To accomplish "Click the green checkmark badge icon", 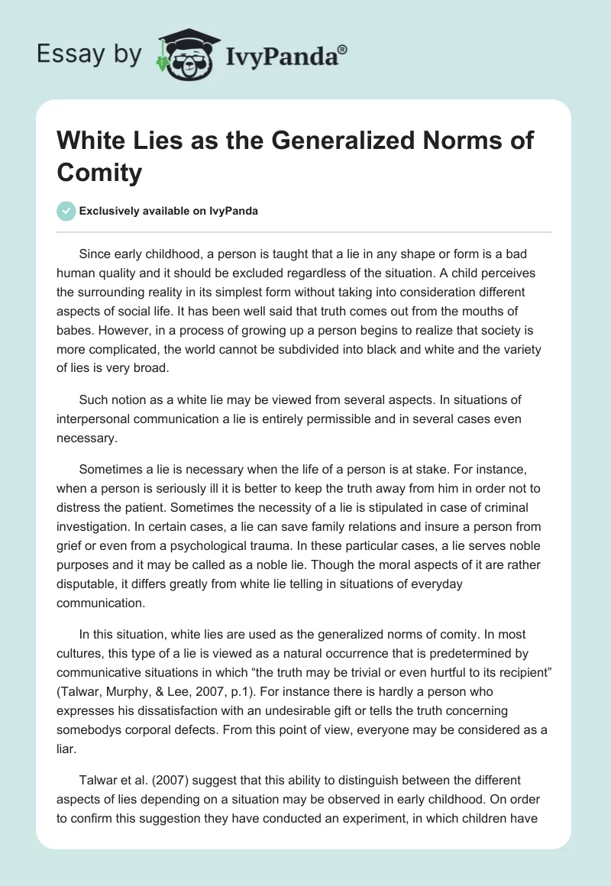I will point(66,211).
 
